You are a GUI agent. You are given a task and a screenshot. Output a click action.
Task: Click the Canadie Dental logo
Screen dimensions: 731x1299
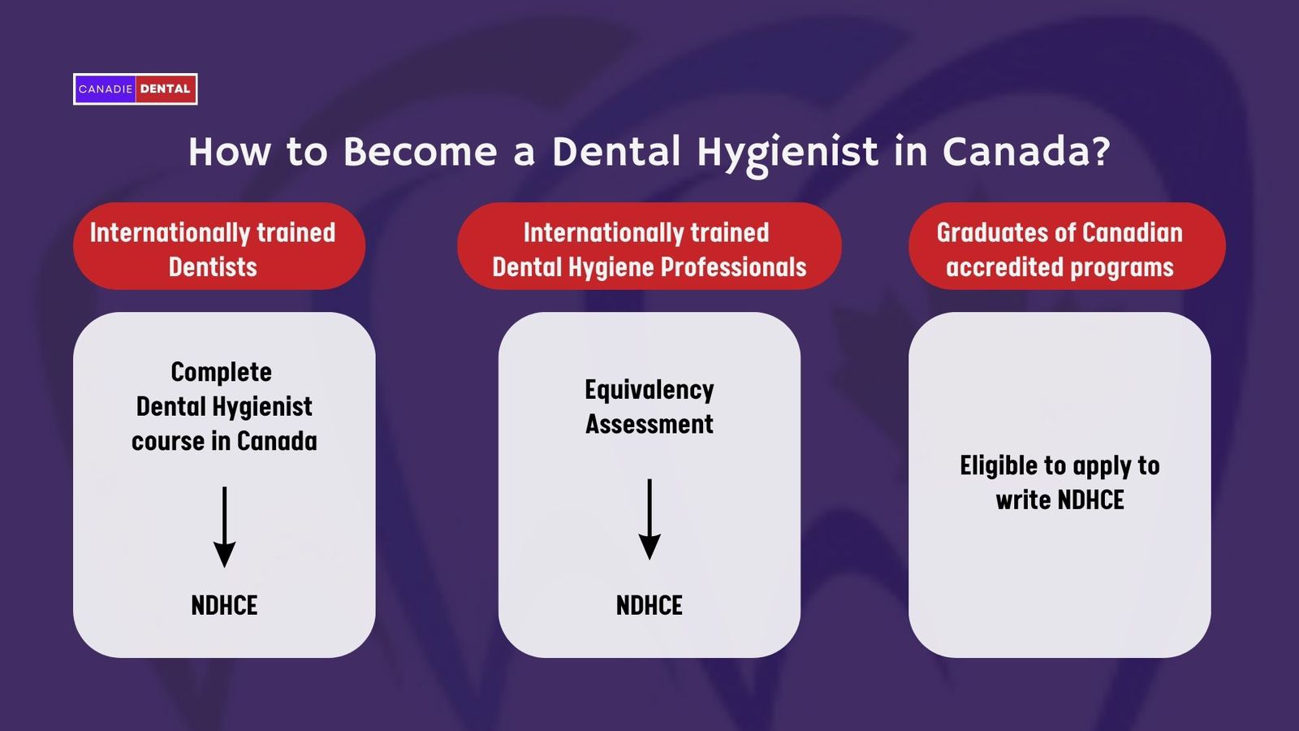point(135,89)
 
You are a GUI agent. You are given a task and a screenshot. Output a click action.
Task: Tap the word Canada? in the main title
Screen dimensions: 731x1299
point(1025,152)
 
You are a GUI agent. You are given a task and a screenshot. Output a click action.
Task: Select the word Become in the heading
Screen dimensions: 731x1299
point(420,152)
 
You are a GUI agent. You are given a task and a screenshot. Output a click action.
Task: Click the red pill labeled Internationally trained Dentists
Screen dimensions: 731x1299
point(219,246)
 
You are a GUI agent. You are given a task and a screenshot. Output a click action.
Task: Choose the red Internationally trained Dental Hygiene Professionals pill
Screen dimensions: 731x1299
point(649,246)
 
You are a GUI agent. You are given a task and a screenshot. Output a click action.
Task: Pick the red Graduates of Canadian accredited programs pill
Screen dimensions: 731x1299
point(1066,246)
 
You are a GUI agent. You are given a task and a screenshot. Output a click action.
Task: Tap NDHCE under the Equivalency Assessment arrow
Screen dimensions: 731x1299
point(649,605)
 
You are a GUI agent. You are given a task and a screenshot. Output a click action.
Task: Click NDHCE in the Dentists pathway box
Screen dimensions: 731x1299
point(224,605)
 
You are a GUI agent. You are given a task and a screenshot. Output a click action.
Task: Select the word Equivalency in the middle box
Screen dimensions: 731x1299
point(649,390)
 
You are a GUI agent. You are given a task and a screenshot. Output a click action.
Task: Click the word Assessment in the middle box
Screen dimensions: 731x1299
point(649,424)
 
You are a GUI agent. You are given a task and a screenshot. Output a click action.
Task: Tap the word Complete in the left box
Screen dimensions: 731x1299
point(221,372)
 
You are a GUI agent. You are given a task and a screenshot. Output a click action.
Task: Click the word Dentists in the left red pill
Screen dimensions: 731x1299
point(213,267)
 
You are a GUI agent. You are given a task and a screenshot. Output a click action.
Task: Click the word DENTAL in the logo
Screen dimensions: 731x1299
point(165,89)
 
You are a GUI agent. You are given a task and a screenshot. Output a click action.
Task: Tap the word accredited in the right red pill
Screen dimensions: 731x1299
point(1004,267)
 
